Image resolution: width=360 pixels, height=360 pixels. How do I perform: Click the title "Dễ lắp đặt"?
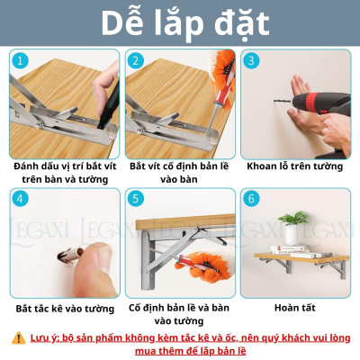click(x=180, y=23)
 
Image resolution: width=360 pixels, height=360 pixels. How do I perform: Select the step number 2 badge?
click(x=136, y=61)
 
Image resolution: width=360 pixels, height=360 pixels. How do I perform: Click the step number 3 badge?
click(x=251, y=61)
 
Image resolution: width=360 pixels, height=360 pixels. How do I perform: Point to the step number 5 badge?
click(x=136, y=199)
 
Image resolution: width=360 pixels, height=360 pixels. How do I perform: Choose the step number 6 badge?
click(x=251, y=199)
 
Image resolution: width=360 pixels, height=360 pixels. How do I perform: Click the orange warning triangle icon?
click(x=19, y=337)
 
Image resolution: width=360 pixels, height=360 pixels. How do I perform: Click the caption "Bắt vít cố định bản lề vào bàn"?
click(x=179, y=174)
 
